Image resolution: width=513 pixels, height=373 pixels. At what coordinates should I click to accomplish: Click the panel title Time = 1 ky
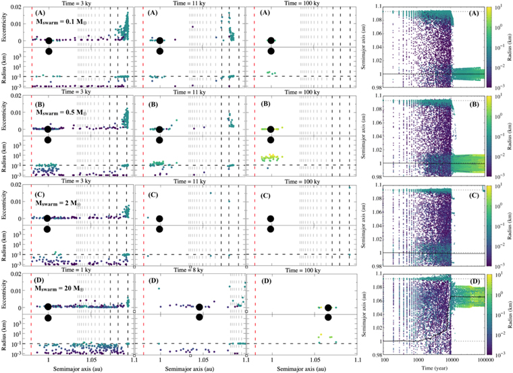click(81, 271)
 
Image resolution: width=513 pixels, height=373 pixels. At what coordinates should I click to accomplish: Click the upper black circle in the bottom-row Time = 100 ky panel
click(328, 308)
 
